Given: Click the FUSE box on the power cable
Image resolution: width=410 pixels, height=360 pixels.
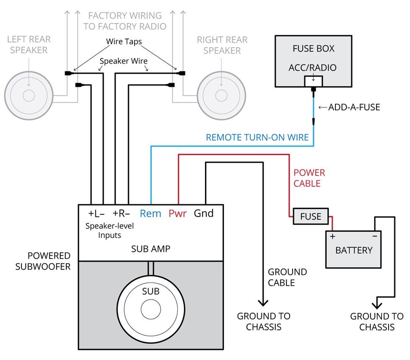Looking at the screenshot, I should [x=311, y=216].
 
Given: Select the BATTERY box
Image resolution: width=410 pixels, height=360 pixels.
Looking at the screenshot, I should [x=353, y=250].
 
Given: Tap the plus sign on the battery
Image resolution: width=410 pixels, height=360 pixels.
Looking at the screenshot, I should [x=332, y=236].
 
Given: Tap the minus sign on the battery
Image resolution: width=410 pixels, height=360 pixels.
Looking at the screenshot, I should [x=374, y=236].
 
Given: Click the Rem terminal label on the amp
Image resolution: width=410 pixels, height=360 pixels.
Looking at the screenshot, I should [x=151, y=213].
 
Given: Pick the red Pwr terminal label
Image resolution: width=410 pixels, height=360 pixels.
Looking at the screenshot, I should [x=178, y=213].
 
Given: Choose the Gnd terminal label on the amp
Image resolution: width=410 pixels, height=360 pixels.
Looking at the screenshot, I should [x=204, y=213].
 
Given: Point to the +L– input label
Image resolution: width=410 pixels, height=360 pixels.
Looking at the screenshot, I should [x=96, y=213].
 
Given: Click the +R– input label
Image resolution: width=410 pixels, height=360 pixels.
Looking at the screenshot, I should [x=121, y=213].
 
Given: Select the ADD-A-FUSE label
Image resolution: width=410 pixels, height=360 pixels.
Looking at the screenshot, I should [x=354, y=107].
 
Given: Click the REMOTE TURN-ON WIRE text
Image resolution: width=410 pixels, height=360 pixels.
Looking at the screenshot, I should [x=257, y=137].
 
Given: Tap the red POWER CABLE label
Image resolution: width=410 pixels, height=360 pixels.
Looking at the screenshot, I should [x=309, y=178].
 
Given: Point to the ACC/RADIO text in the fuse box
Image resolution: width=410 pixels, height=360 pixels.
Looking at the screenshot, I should [x=313, y=67].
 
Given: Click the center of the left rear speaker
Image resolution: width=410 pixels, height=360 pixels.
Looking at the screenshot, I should [x=29, y=96].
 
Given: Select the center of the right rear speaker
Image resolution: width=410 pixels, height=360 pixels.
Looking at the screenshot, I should [x=221, y=96].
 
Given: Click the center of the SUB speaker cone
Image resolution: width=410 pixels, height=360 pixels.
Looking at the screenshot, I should [x=151, y=310].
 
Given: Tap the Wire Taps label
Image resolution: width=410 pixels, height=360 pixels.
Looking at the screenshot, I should [x=124, y=42].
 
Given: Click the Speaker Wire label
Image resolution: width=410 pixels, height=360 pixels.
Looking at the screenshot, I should [x=123, y=61].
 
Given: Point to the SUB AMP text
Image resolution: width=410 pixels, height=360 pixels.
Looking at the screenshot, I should [x=151, y=249].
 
